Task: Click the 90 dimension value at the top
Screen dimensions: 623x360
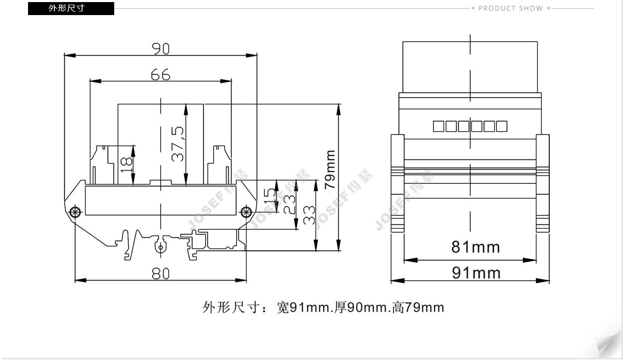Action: [161, 49]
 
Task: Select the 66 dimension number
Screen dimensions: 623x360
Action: [160, 75]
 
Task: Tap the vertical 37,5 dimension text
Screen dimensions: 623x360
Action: [178, 144]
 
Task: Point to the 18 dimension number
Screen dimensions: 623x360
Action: [126, 165]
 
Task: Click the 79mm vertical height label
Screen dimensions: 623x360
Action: [330, 170]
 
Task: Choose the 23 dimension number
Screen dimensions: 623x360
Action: [289, 205]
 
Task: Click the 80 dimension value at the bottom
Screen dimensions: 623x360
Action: [160, 273]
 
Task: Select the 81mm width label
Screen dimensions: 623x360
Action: [476, 247]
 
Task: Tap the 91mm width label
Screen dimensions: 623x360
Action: [476, 273]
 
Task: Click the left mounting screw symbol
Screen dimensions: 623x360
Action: [75, 212]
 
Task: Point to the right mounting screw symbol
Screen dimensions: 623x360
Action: [246, 212]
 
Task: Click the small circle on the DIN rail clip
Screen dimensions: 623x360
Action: [160, 247]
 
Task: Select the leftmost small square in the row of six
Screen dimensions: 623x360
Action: [439, 126]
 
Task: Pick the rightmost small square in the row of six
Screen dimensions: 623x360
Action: [502, 126]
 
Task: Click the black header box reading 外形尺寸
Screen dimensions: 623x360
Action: [71, 8]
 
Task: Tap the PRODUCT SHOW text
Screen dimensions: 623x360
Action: [511, 8]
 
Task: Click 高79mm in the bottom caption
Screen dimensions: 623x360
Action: [418, 308]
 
